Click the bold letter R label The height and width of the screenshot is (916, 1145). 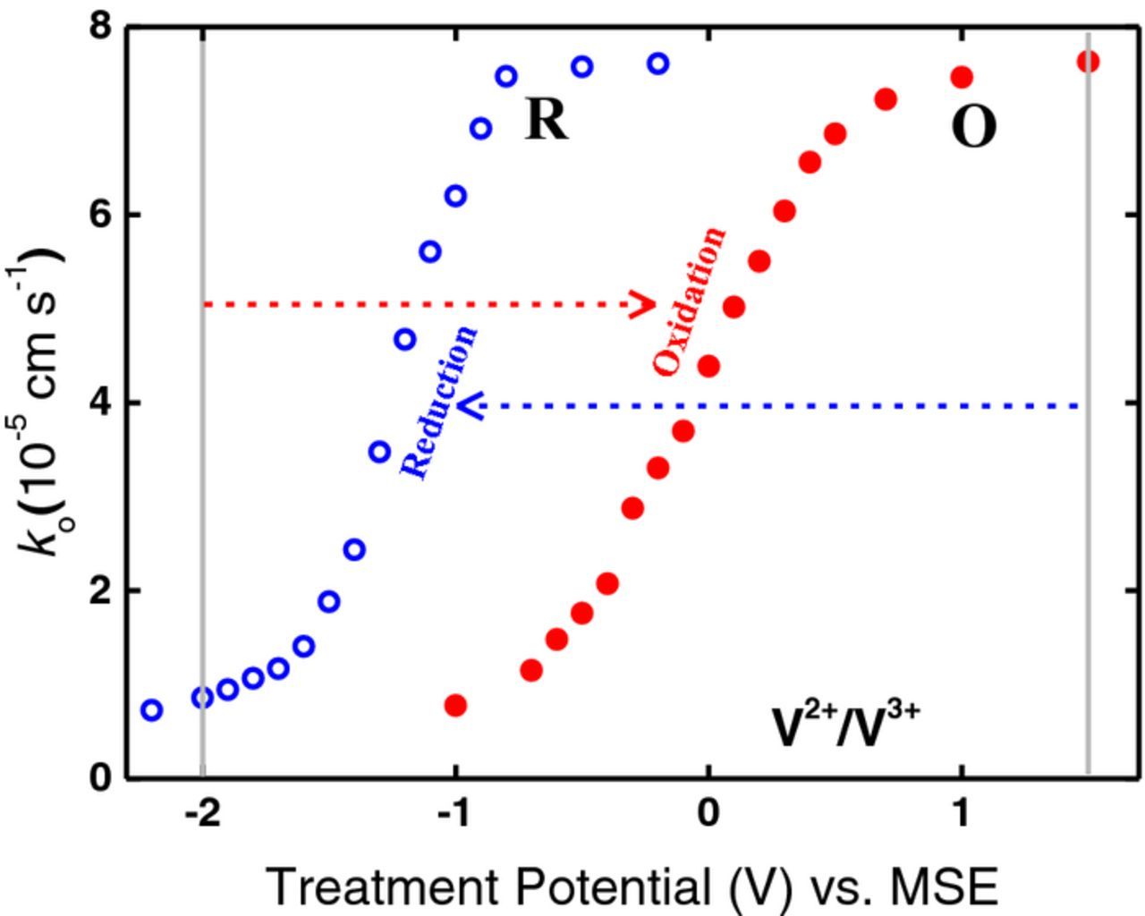pos(547,119)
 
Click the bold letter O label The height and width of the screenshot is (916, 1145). pos(973,128)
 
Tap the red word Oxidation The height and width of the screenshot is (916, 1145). pos(690,301)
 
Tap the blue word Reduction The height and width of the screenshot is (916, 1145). pos(439,403)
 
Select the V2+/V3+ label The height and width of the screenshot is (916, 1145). pos(845,725)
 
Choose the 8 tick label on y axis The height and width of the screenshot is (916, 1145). pos(100,27)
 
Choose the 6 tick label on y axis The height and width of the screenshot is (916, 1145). pos(100,215)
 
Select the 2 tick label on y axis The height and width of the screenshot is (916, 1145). pos(100,590)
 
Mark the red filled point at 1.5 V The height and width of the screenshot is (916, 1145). pos(1088,62)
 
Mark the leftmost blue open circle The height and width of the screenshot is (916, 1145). pos(151,710)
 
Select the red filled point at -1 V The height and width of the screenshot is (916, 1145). pos(455,706)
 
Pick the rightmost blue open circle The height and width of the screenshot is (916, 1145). pos(658,64)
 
